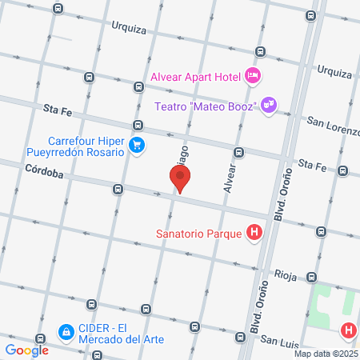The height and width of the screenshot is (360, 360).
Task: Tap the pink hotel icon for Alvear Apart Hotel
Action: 254,75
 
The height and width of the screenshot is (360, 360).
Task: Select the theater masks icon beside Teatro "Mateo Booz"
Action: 269,104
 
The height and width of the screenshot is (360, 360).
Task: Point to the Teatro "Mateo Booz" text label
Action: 204,106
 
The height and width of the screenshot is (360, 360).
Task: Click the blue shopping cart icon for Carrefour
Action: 137,145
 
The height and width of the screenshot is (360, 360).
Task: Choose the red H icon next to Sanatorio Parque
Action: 254,234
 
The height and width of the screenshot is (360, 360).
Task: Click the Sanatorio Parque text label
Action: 201,234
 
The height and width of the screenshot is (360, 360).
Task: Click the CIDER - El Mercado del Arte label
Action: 121,333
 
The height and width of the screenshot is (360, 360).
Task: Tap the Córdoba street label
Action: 43,170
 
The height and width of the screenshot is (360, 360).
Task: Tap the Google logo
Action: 26,350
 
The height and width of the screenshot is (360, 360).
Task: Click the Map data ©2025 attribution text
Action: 325,354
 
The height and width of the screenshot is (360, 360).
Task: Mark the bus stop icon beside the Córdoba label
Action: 118,190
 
